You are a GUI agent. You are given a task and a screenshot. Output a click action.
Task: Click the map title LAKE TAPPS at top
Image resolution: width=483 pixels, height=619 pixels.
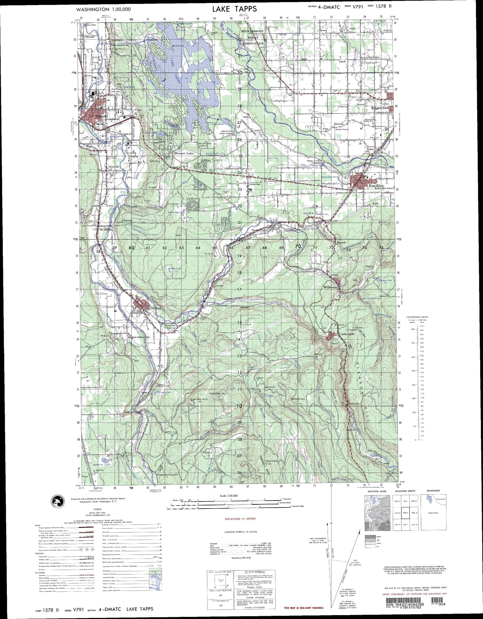click(234, 9)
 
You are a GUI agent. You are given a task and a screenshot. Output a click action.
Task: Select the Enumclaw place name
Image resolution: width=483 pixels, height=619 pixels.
click(380, 108)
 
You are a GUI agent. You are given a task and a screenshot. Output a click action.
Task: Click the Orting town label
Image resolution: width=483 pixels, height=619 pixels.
click(155, 308)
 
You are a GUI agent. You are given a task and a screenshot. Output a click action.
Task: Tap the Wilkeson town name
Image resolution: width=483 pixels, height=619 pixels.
click(330, 287)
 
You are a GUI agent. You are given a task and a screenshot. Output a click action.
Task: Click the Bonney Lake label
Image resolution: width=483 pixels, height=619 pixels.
click(184, 153)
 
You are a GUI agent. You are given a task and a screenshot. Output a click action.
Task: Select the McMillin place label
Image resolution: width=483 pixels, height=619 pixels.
click(105, 229)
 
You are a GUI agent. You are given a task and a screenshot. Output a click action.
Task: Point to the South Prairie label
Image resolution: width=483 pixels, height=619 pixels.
click(260, 230)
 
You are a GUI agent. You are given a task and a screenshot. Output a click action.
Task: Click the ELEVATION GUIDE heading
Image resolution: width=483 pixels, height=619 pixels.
click(375, 491)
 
